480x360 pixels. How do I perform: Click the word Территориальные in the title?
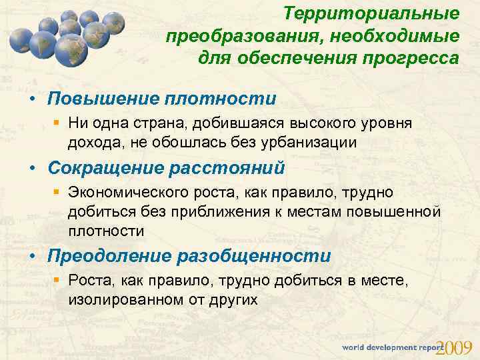pos(371,13)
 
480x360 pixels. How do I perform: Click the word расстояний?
pos(233,168)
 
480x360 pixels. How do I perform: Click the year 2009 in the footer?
pos(457,347)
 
